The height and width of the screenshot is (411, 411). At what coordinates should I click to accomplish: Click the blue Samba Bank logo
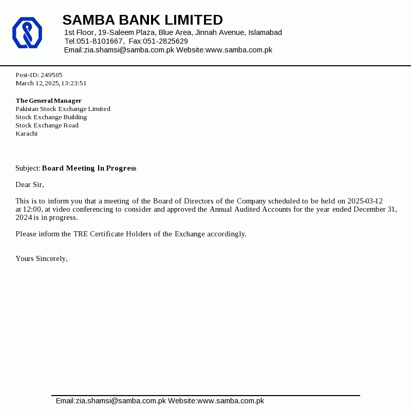pyautogui.click(x=27, y=32)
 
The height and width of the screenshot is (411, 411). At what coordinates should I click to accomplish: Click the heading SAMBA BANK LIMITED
pyautogui.click(x=142, y=20)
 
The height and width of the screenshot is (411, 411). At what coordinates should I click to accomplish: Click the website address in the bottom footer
pyautogui.click(x=231, y=401)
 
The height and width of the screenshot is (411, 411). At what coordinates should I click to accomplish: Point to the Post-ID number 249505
pyautogui.click(x=51, y=75)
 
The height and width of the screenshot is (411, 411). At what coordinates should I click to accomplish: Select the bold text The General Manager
pyautogui.click(x=48, y=101)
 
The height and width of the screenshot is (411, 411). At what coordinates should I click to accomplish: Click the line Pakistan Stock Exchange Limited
pyautogui.click(x=63, y=109)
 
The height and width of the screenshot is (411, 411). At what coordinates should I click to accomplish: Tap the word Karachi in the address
pyautogui.click(x=26, y=134)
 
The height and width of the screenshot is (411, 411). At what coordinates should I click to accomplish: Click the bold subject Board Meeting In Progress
pyautogui.click(x=89, y=168)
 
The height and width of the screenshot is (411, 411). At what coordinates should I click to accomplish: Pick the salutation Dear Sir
pyautogui.click(x=30, y=184)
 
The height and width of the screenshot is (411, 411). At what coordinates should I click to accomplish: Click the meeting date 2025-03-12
pyautogui.click(x=365, y=201)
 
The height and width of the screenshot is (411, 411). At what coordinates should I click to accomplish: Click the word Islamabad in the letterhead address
pyautogui.click(x=265, y=32)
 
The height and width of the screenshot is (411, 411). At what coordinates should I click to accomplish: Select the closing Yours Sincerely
pyautogui.click(x=41, y=258)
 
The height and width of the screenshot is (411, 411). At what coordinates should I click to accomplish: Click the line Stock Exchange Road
pyautogui.click(x=47, y=125)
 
